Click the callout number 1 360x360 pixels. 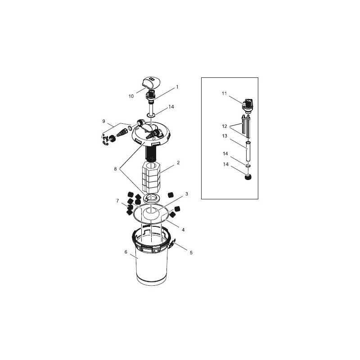pyautogui.click(x=177, y=86)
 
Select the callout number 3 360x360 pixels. pyautogui.click(x=187, y=193)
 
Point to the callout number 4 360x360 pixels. pyautogui.click(x=183, y=229)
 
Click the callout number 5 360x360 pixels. pyautogui.click(x=191, y=253)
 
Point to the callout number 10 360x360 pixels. pyautogui.click(x=131, y=96)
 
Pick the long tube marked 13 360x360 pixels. pyautogui.click(x=247, y=153)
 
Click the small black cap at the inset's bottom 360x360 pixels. pyautogui.click(x=247, y=179)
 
